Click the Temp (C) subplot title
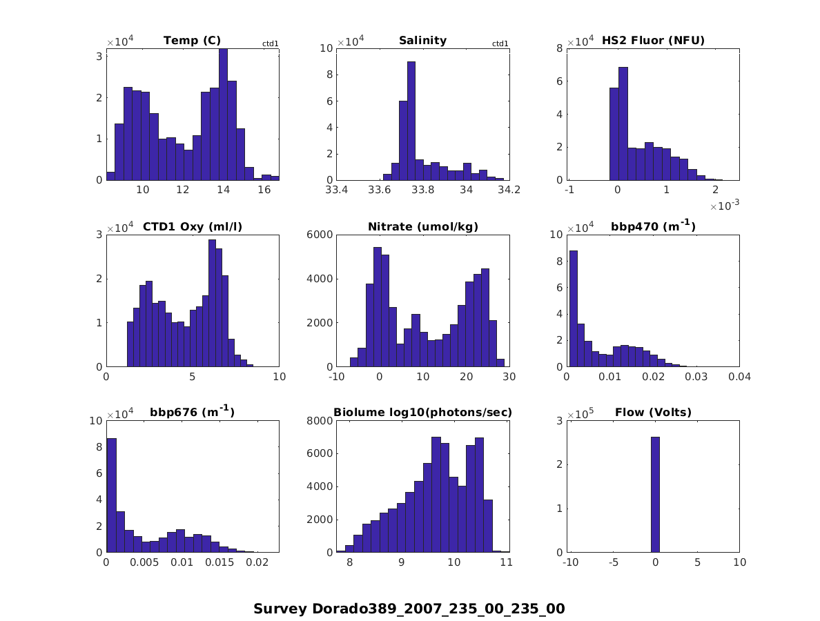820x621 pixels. click(192, 41)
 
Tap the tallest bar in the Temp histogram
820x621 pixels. click(223, 114)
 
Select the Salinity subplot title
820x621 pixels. click(422, 41)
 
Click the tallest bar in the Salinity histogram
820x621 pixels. click(411, 121)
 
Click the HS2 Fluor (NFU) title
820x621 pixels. click(653, 41)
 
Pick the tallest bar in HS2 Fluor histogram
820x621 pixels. click(623, 124)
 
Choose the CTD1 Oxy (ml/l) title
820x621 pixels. click(192, 227)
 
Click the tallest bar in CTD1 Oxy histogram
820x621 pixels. click(212, 304)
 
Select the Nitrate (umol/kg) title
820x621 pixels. click(422, 227)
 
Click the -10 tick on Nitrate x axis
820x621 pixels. click(336, 377)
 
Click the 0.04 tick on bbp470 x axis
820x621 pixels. click(739, 377)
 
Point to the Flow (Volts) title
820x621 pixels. click(653, 413)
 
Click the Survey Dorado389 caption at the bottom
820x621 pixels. click(409, 609)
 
